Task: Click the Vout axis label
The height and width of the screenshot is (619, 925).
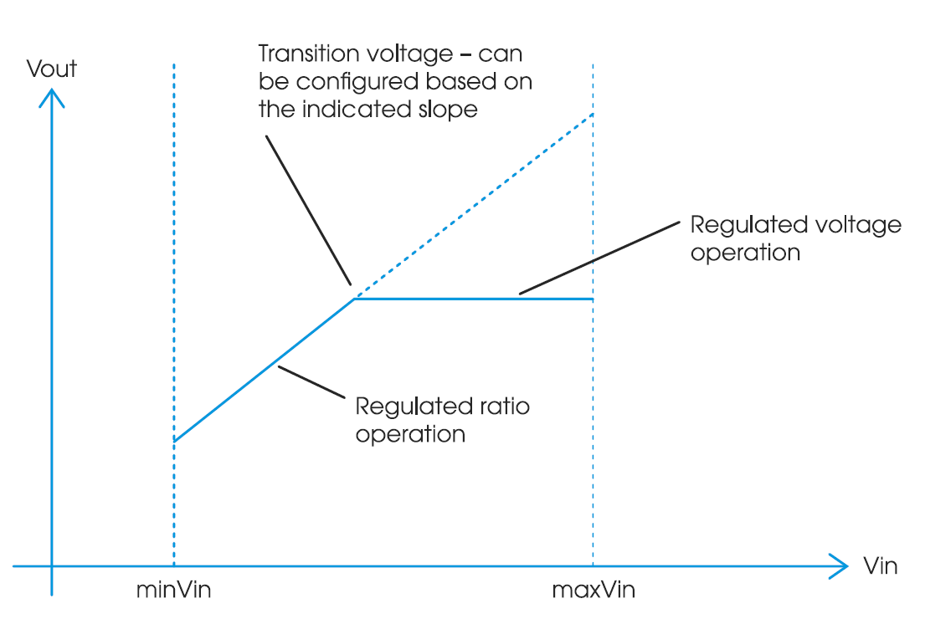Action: tap(52, 69)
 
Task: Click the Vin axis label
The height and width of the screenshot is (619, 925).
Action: tap(880, 566)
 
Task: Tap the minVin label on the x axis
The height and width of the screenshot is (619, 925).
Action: tap(173, 591)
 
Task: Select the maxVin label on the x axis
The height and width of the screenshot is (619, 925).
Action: tap(594, 591)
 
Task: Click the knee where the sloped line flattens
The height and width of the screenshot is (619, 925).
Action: tap(354, 299)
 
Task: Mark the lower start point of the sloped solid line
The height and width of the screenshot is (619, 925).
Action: tap(174, 440)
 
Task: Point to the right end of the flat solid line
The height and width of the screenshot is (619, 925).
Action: tap(592, 299)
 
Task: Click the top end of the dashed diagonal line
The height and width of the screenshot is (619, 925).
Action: tap(593, 114)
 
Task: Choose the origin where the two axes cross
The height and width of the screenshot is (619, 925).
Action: tap(52, 567)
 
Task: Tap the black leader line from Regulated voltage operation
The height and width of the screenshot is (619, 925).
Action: tap(598, 259)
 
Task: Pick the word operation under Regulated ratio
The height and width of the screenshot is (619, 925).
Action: tap(410, 435)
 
